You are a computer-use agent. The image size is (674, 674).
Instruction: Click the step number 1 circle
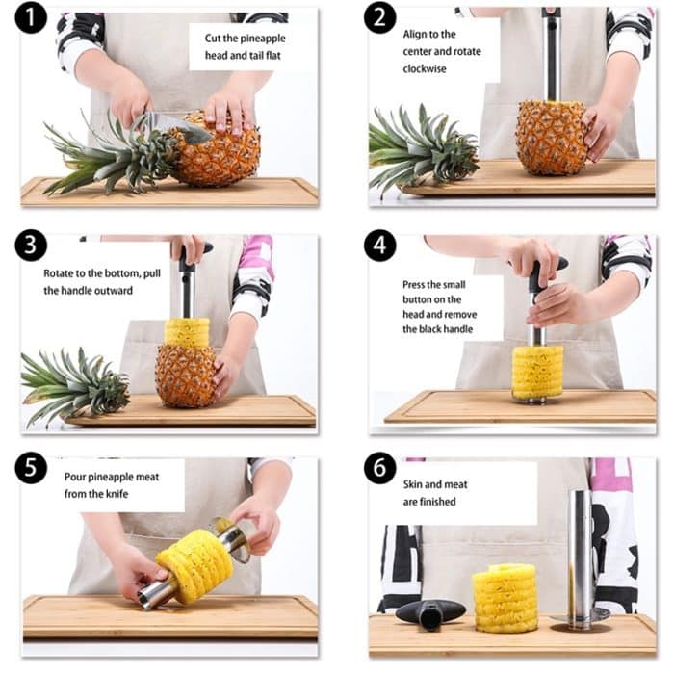tap(31, 17)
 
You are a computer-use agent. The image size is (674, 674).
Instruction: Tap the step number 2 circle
tap(379, 17)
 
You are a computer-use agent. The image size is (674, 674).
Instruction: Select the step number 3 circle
tap(31, 246)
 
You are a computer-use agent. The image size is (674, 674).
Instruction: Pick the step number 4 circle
tap(379, 246)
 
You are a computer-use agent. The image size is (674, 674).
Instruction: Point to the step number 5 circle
tap(31, 468)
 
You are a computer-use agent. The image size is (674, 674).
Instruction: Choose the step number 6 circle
tap(379, 468)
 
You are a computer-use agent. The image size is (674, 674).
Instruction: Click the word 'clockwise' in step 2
tap(426, 68)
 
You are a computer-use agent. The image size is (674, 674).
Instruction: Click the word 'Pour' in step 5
tap(77, 476)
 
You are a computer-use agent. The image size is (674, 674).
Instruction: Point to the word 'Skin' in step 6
tap(414, 484)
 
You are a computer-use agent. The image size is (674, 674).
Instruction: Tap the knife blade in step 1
tap(168, 122)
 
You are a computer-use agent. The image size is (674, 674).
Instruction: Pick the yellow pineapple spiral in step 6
tap(505, 597)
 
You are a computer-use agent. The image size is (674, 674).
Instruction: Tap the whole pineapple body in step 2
tap(552, 137)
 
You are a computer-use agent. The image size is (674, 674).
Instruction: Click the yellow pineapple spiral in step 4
tap(537, 372)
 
